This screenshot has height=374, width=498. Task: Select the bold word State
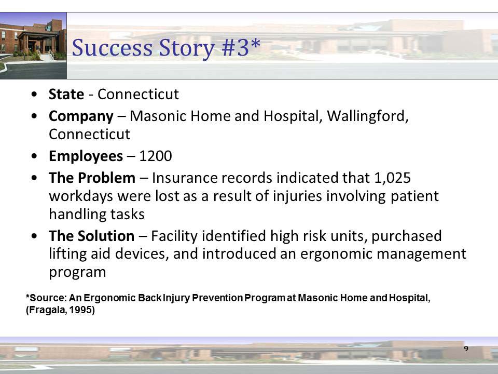click(66, 94)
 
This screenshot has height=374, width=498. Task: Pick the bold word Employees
click(86, 156)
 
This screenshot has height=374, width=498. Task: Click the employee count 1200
click(155, 156)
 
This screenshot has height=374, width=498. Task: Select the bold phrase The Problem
click(92, 178)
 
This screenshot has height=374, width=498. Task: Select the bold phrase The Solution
click(91, 236)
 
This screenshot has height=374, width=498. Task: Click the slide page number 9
click(466, 348)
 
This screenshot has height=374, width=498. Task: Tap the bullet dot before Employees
click(34, 156)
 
